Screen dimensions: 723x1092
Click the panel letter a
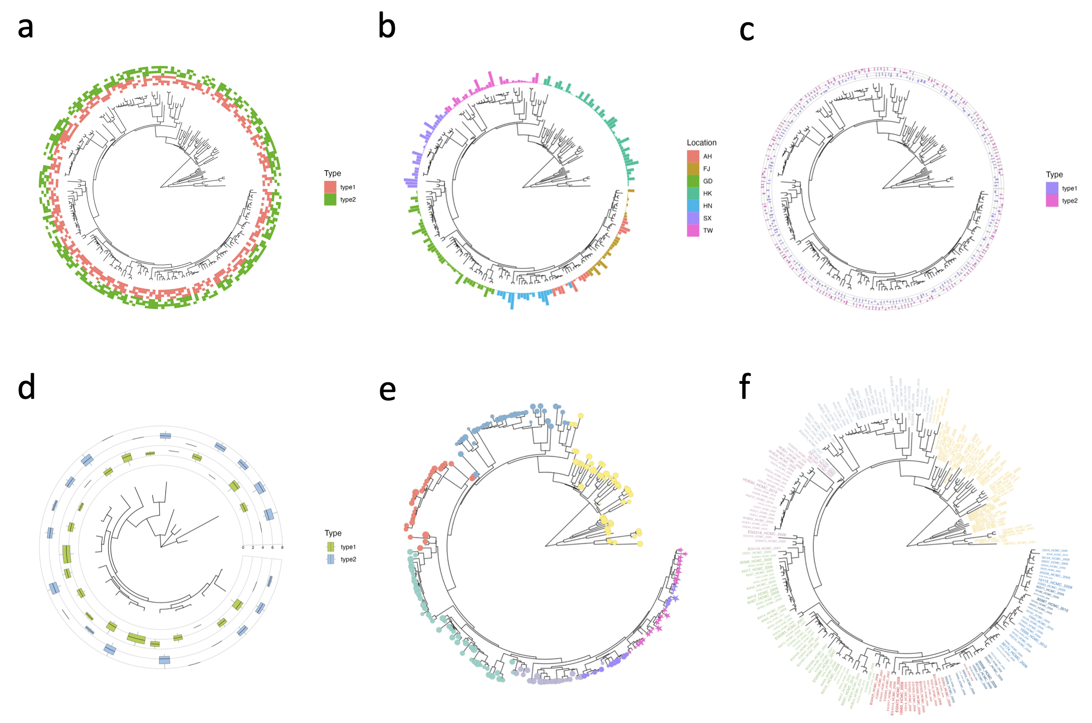(26, 28)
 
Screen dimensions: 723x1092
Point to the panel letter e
(387, 390)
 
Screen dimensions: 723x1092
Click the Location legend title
(701, 142)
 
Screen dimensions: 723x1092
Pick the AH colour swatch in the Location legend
(693, 157)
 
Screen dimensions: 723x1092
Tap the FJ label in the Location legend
(706, 169)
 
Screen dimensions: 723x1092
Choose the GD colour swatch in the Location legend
(693, 181)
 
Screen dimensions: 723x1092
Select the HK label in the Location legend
(707, 193)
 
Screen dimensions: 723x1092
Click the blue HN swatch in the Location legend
(693, 206)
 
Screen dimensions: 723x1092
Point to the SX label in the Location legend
(707, 218)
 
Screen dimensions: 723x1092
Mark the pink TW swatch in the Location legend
(693, 231)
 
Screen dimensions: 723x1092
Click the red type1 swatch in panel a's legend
(330, 187)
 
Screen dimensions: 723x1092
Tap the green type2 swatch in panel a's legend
(330, 199)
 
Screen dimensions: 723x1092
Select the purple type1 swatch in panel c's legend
(1052, 188)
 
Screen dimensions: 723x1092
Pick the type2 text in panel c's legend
(1070, 201)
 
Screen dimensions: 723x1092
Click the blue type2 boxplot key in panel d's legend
(331, 559)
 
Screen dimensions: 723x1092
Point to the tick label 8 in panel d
(282, 548)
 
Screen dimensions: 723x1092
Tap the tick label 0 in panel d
(243, 548)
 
